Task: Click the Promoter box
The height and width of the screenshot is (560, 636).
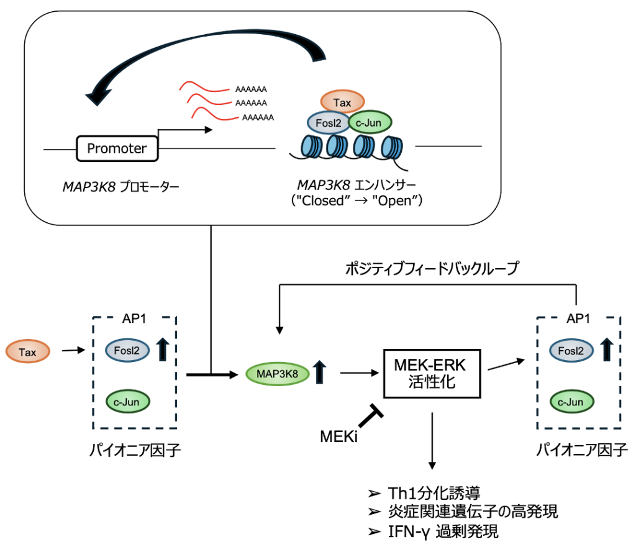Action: point(117,148)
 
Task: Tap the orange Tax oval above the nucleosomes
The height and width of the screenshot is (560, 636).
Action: point(342,101)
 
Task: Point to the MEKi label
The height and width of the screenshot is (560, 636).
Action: point(339,436)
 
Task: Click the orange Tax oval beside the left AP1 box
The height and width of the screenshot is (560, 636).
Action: point(27,352)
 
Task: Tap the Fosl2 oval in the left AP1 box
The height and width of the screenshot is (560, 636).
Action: point(127,350)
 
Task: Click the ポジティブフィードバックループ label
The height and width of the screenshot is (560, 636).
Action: point(431,268)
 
